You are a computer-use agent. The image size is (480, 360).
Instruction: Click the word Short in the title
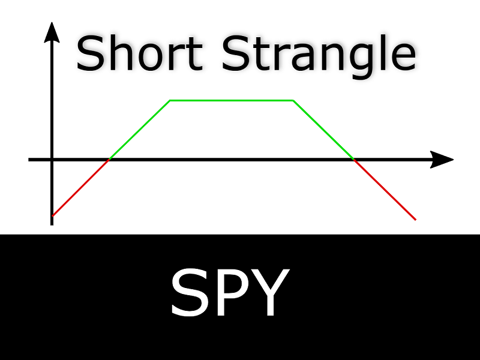coord(139,53)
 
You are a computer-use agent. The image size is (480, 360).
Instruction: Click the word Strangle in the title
coord(319,57)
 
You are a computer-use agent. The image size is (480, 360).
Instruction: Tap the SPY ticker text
coord(230,292)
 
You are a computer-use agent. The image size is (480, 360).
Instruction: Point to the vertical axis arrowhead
coord(52,32)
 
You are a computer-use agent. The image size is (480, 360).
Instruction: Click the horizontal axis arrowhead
coord(442,160)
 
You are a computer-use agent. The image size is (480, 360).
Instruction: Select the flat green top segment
coord(232,100)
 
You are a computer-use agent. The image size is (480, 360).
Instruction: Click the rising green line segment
coord(140,130)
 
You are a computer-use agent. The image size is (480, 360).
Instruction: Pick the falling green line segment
coord(323,130)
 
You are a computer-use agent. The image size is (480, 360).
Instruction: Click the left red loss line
coord(80,188)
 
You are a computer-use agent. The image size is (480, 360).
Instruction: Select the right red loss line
coord(385,190)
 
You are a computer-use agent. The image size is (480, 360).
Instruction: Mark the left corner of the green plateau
coord(170,100)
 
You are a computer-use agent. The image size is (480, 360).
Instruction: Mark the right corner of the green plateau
coord(293,100)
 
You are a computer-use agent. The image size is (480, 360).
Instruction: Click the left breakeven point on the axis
coord(109,160)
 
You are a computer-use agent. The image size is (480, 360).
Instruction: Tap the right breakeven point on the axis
coord(354,160)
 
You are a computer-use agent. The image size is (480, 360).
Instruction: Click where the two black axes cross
coord(52,160)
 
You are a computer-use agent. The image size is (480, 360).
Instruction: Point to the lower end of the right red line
coord(416,220)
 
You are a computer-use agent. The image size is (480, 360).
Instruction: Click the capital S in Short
coord(88,53)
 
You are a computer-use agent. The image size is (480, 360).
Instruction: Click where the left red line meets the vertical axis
coord(52,216)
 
